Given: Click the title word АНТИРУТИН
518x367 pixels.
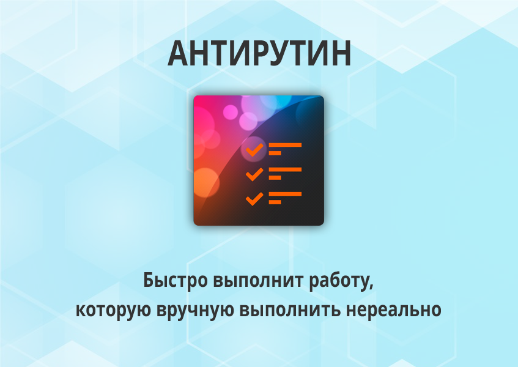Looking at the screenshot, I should (259, 55).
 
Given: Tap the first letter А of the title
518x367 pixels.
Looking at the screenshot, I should (179, 55).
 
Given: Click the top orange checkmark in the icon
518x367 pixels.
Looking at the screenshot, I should (254, 149).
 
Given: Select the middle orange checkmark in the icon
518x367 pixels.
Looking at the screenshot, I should (254, 174).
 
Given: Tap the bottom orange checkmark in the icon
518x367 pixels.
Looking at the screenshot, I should (254, 198).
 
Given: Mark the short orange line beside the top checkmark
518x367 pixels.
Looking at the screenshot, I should (275, 153).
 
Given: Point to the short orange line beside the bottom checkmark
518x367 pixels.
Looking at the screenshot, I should (275, 202).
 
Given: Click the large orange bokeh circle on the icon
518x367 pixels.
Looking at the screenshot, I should (205, 182).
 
